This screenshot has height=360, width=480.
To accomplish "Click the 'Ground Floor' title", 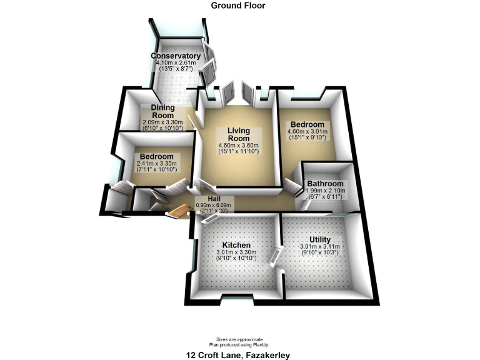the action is (237, 6).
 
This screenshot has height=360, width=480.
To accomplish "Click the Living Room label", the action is (238, 134).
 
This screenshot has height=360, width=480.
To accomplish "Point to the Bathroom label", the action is (324, 184).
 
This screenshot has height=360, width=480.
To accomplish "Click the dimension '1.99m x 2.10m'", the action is (324, 191).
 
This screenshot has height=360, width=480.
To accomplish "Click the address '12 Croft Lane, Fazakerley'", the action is (237, 355).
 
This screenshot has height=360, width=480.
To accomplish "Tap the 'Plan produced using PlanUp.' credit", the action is (237, 344).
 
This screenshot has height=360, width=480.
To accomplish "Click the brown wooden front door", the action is (179, 212).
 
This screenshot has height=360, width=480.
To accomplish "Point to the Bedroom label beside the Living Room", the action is (306, 124).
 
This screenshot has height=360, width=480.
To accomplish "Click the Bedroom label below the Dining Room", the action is (157, 156).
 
